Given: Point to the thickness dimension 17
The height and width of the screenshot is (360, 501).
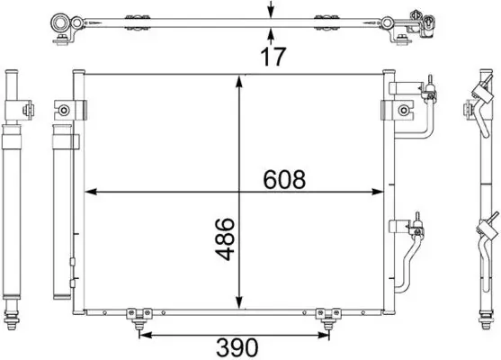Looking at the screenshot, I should tap(273, 56).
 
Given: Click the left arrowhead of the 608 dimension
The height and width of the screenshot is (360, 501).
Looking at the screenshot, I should tap(91, 192).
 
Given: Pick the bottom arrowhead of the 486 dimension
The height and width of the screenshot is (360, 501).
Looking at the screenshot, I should tap(238, 304).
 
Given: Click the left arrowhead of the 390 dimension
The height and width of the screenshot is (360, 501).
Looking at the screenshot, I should tap(142, 336).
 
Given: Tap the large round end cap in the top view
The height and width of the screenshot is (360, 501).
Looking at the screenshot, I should tap(64, 22).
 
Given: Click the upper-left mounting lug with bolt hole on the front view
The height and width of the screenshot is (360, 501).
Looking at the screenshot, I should tap(65, 110).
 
